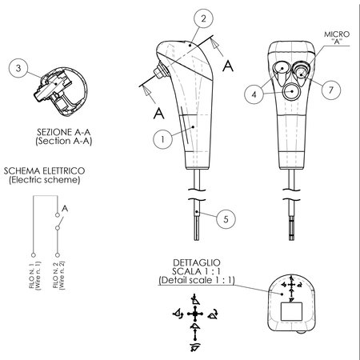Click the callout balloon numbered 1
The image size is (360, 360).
click(x=162, y=139)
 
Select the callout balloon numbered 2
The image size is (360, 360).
click(x=203, y=18)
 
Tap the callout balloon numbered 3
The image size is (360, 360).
click(x=18, y=68)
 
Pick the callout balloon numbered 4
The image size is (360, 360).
click(x=254, y=94)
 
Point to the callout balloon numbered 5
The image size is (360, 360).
click(x=226, y=219)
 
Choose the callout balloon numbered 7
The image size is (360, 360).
click(x=331, y=90)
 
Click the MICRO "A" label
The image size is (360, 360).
click(x=337, y=38)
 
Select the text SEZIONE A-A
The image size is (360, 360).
click(x=64, y=132)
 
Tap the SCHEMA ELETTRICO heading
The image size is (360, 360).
click(x=44, y=171)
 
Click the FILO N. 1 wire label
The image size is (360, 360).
click(x=32, y=274)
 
